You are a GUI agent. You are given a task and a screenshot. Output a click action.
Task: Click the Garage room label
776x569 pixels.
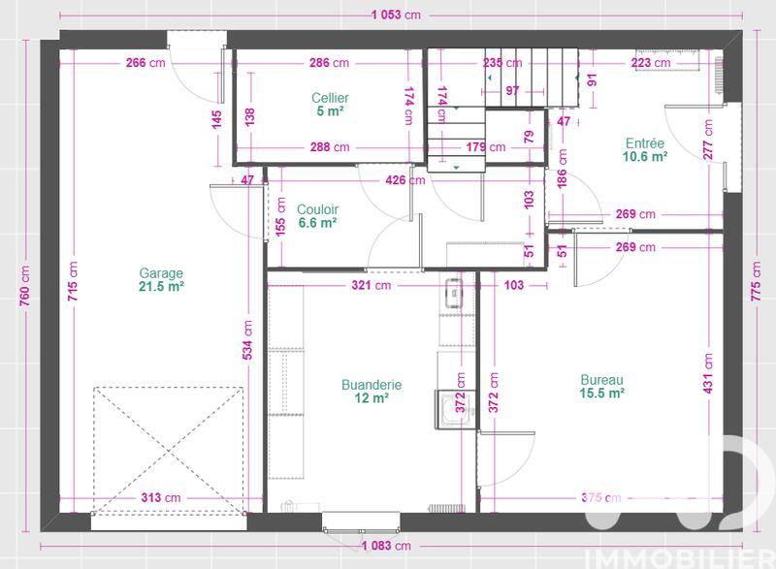click(x=161, y=273)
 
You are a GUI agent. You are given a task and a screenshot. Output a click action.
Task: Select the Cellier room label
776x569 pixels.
click(x=330, y=98)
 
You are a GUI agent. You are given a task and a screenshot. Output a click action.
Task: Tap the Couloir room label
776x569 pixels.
click(x=316, y=207)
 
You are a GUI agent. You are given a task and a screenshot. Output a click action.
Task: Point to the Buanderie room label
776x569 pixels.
click(x=372, y=385)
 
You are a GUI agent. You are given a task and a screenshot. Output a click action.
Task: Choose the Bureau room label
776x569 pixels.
click(x=601, y=380)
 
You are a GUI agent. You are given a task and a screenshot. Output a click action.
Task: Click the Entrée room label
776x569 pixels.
click(x=645, y=142)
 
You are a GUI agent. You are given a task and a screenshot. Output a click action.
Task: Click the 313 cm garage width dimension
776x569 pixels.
click(x=160, y=497)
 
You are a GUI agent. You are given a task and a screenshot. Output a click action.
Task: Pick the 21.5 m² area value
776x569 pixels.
click(x=161, y=287)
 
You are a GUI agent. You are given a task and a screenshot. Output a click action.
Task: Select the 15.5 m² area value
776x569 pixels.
click(x=601, y=394)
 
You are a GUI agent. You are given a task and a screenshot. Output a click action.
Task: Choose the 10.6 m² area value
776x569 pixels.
click(x=645, y=156)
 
